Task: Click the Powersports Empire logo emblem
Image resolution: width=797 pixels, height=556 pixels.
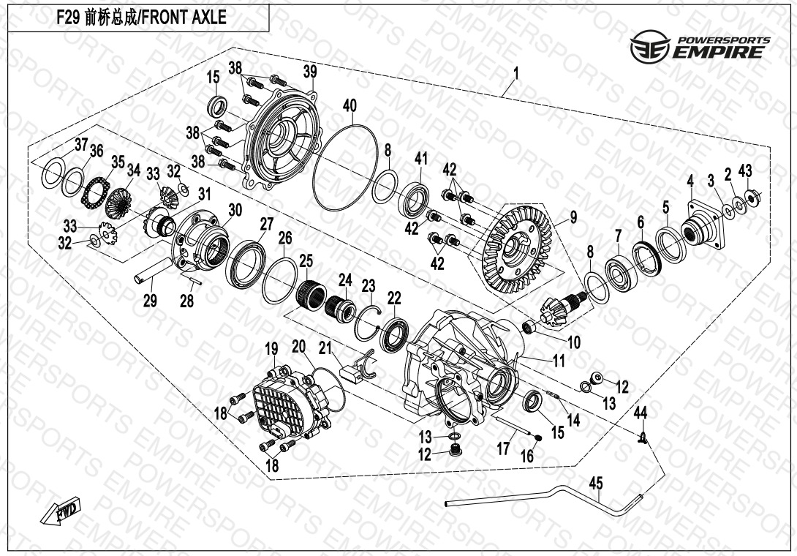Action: pyautogui.click(x=651, y=46)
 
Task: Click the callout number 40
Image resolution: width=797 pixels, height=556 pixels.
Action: pyautogui.click(x=350, y=106)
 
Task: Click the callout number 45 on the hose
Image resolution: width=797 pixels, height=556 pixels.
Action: pyautogui.click(x=596, y=483)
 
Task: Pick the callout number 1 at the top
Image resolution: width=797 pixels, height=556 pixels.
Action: pyautogui.click(x=516, y=75)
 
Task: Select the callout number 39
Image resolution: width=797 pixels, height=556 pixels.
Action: pyautogui.click(x=310, y=72)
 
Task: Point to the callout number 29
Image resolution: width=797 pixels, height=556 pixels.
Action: pyautogui.click(x=150, y=301)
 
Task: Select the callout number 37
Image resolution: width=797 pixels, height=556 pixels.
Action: pyautogui.click(x=82, y=144)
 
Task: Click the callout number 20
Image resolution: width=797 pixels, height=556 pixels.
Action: pyautogui.click(x=299, y=347)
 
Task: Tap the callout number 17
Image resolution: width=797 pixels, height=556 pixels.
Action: pyautogui.click(x=503, y=448)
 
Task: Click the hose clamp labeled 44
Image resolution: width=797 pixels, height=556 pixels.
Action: pyautogui.click(x=643, y=437)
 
